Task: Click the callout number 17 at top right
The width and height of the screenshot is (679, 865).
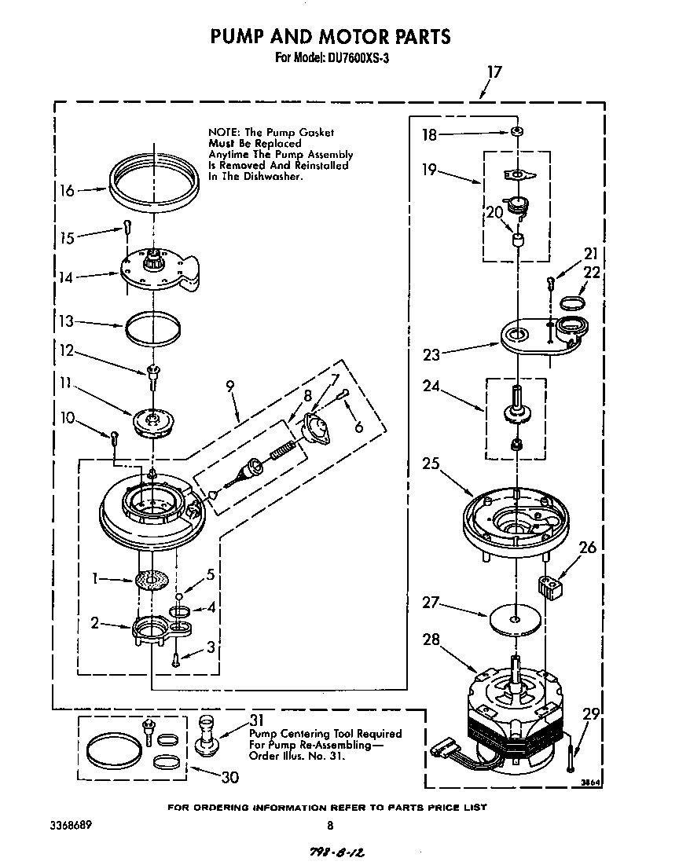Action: pos(493,72)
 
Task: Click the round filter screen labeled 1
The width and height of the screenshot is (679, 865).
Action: pos(152,580)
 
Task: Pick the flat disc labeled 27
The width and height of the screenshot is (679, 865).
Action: pos(515,618)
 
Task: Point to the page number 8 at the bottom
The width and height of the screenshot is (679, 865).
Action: pos(330,825)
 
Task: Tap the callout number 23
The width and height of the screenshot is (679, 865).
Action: pos(431,354)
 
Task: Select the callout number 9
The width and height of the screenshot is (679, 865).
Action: pos(230,386)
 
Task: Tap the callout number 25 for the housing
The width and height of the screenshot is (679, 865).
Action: pos(431,464)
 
